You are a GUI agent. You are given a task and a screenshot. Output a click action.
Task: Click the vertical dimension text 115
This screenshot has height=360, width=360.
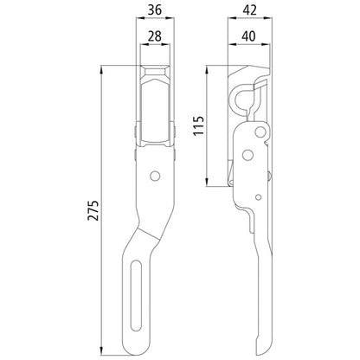tap(198, 127)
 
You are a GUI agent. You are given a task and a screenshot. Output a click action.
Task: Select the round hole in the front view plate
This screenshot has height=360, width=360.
tap(155, 177)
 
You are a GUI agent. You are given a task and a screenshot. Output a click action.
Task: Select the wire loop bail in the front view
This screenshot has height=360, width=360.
tap(156, 95)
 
